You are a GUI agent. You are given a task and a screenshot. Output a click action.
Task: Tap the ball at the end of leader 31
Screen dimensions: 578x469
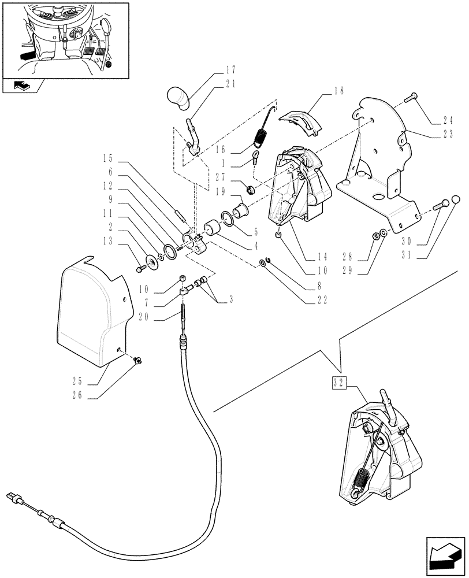tap(455, 200)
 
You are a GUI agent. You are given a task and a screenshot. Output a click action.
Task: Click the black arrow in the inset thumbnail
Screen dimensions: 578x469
tap(26, 57)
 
